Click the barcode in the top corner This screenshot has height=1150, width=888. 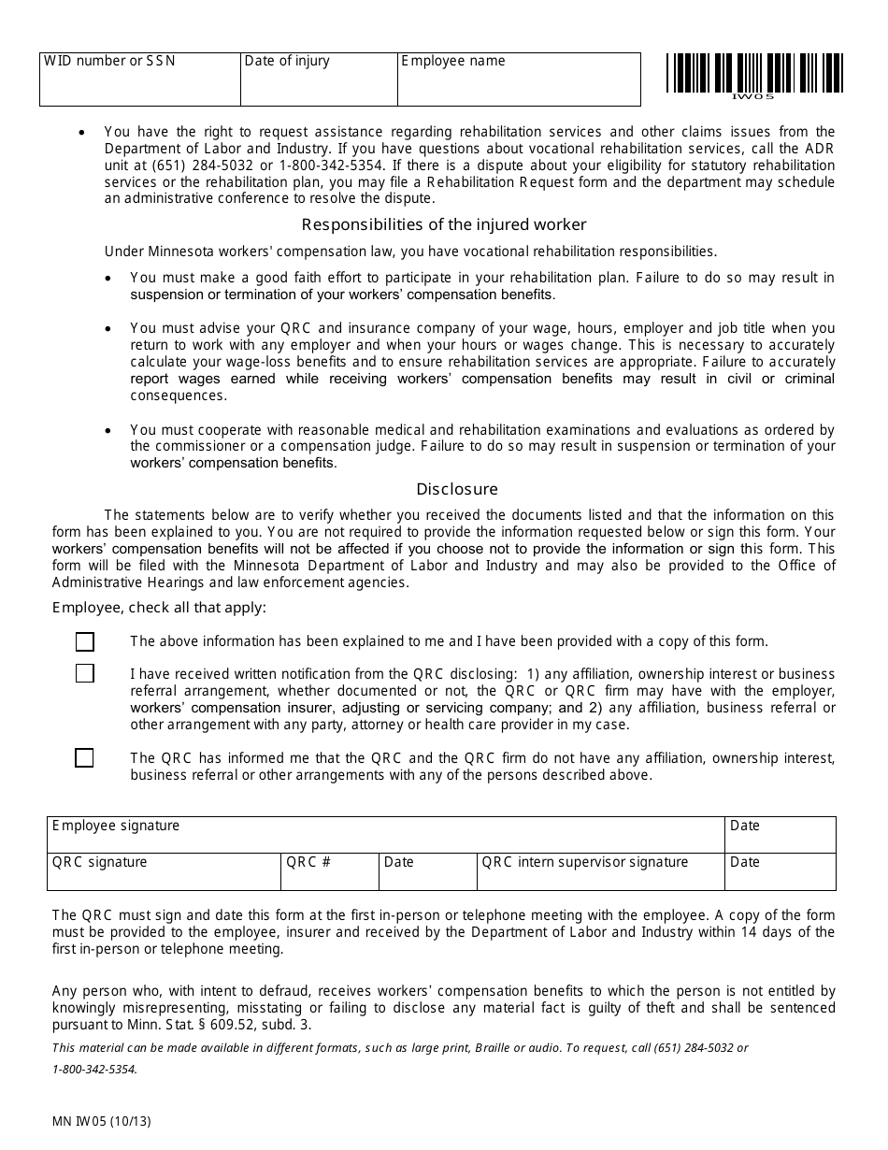(754, 73)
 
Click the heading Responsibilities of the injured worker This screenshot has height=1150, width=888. (444, 224)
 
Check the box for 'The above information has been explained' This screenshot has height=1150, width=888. (85, 641)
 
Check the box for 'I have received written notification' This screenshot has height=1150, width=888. (85, 673)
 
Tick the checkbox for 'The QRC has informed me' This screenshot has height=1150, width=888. (84, 758)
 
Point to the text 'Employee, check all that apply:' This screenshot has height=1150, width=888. (159, 608)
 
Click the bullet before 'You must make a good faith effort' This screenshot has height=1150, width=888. (110, 278)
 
